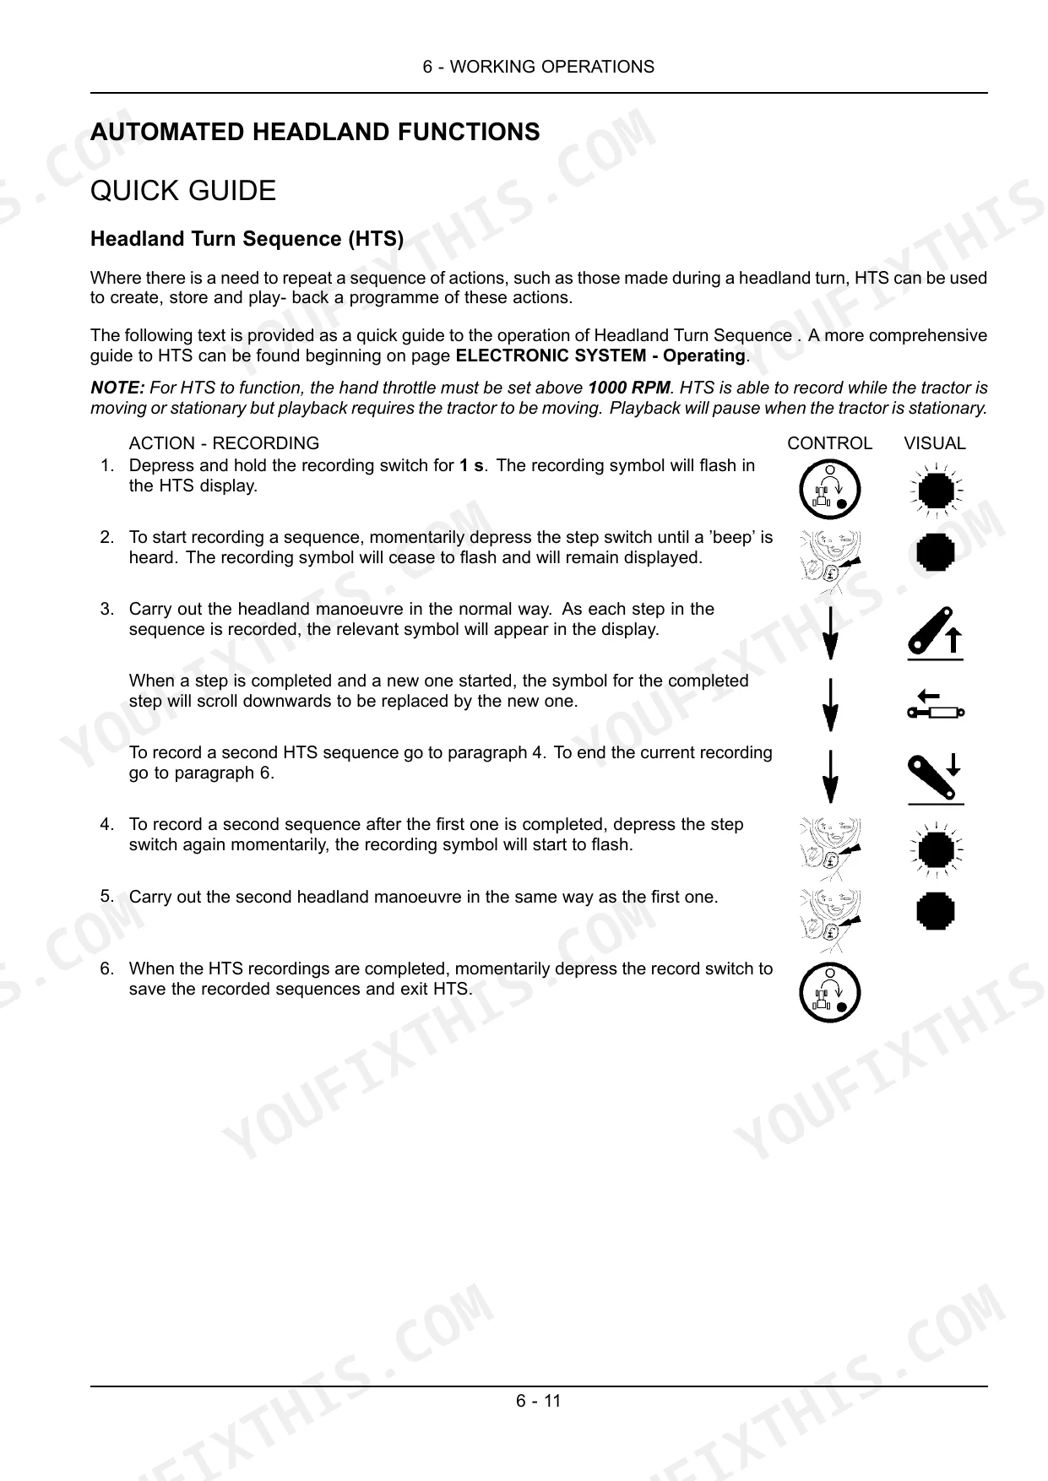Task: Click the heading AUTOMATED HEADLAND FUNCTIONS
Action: tap(315, 133)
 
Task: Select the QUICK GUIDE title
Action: tap(183, 191)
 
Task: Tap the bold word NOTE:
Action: tap(117, 388)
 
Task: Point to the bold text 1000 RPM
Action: tap(628, 388)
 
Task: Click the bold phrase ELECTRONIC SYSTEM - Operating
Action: tap(600, 355)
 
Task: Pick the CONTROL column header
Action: tap(829, 443)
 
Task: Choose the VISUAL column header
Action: tap(935, 443)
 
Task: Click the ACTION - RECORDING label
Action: tap(224, 443)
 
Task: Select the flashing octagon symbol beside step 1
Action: tap(936, 490)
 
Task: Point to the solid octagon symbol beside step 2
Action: tap(936, 552)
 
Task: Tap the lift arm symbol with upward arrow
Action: tap(936, 632)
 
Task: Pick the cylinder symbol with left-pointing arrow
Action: tap(936, 705)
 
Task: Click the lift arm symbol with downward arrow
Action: tap(936, 778)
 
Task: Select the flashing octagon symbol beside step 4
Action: tap(936, 849)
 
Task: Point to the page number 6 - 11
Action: tap(539, 1401)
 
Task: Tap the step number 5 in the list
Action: tap(106, 896)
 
